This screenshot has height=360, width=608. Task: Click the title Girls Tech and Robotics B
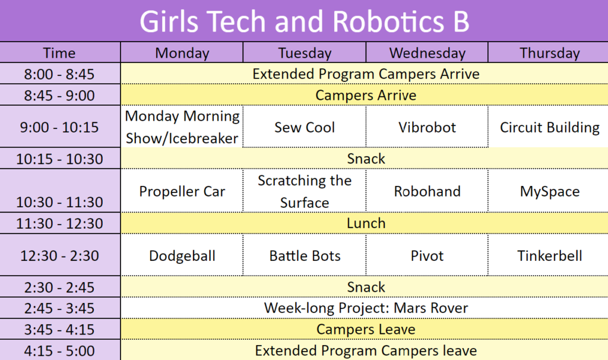[x=305, y=21]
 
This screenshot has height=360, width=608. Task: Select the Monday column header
[x=182, y=53]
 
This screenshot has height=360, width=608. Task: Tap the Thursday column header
[x=549, y=53]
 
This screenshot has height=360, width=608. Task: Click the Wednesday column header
[x=427, y=53]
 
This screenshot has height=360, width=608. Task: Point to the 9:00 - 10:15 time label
[x=59, y=127]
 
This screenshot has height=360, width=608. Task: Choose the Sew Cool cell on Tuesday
[x=305, y=127]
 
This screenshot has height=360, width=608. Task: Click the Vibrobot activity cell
[x=427, y=127]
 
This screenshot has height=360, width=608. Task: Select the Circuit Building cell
[x=549, y=127]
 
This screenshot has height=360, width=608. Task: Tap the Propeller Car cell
[x=182, y=191]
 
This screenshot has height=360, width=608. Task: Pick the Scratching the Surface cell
[x=305, y=191]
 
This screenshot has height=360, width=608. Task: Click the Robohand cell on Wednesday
[x=427, y=191]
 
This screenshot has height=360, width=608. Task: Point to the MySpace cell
[x=549, y=191]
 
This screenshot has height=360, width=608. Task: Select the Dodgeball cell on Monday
[x=182, y=255]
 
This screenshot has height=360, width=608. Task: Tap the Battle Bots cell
[x=305, y=255]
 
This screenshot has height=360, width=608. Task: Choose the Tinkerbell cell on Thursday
[x=549, y=255]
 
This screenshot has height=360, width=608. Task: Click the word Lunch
[x=366, y=223]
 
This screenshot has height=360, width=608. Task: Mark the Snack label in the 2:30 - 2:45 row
[x=366, y=287]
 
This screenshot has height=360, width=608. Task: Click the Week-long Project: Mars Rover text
[x=366, y=308]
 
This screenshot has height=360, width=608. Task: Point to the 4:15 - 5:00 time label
[x=59, y=350]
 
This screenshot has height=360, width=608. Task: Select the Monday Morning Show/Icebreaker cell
[x=182, y=127]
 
